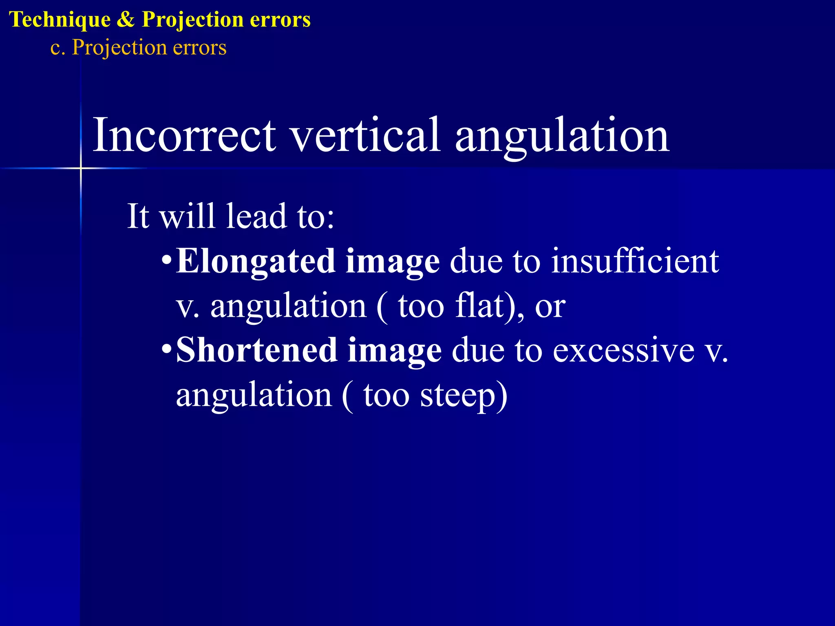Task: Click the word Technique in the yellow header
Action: [x=60, y=20]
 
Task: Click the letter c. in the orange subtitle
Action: [x=57, y=48]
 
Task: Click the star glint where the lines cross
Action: [x=81, y=168]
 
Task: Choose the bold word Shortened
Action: [x=257, y=350]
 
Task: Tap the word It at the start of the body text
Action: [x=138, y=216]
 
